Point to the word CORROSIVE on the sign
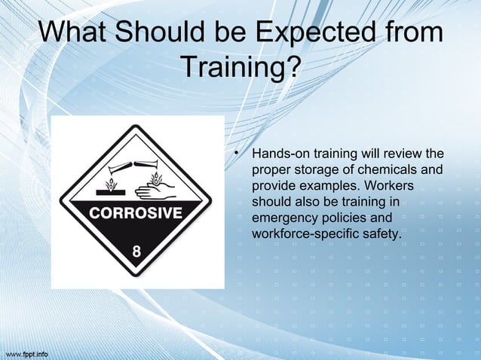click(136, 212)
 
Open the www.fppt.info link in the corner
click(27, 352)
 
